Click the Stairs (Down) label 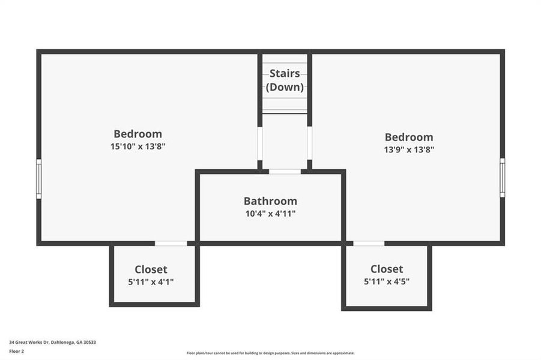pos(285,80)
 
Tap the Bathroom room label pos(270,201)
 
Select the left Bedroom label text pos(138,134)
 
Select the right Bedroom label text pos(409,137)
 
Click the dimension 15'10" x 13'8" pos(138,146)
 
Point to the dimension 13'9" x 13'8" pos(409,149)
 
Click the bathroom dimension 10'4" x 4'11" pos(270,213)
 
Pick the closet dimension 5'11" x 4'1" pos(151,281)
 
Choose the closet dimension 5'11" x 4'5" pos(387,281)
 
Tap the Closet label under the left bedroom pos(151,269)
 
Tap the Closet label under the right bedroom pos(387,269)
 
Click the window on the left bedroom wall pos(38,179)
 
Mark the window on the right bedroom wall pos(503,178)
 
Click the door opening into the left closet pos(171,243)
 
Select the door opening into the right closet pos(369,243)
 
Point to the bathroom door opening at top pos(285,172)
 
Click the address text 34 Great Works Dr pos(52,342)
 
